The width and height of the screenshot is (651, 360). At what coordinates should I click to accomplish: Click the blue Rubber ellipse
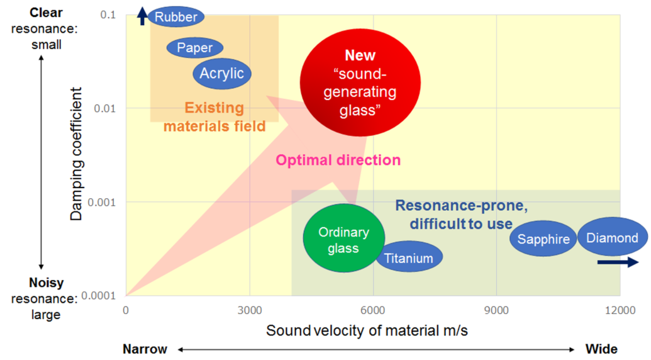[x=176, y=16]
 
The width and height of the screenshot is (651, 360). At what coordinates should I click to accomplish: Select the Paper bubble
[x=195, y=48]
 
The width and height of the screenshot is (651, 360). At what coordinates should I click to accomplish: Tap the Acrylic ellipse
[x=221, y=74]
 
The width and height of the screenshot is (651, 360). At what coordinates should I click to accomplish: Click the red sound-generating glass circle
[x=360, y=82]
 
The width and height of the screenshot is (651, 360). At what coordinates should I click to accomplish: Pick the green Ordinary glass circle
[x=344, y=239]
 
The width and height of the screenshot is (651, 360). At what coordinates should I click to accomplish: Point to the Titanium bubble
[x=409, y=257]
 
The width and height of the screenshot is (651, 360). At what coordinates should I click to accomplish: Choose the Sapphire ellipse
[x=543, y=239]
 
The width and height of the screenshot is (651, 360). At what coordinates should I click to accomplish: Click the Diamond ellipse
[x=613, y=237]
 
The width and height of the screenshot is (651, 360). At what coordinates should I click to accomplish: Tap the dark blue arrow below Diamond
[x=618, y=262]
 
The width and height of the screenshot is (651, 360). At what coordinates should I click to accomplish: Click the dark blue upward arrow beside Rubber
[x=142, y=16]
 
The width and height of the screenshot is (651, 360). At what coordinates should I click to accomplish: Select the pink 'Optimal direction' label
[x=338, y=160]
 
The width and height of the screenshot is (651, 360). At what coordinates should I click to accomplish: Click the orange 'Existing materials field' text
[x=214, y=116]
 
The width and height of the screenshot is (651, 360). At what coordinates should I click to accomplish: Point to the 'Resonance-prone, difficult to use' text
[x=461, y=215]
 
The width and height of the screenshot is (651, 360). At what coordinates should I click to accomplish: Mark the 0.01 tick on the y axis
[x=104, y=109]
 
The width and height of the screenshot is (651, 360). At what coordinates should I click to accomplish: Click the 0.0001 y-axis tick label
[x=98, y=296]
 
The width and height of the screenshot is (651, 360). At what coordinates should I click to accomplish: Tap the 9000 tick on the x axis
[x=496, y=310]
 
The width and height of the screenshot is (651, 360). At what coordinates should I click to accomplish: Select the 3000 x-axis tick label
[x=250, y=310]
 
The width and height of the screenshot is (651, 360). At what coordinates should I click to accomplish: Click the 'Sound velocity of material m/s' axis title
[x=367, y=330]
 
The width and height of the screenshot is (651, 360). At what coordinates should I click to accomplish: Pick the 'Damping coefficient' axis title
[x=76, y=154]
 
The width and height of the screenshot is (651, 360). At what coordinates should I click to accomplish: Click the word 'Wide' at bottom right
[x=601, y=349]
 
